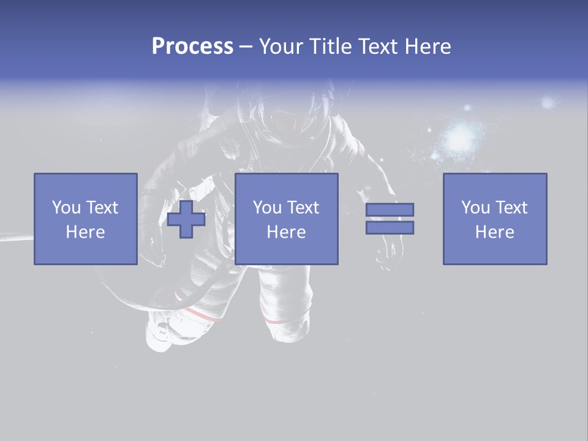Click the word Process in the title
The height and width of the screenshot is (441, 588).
[192, 47]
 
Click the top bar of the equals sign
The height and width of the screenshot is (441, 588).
[390, 210]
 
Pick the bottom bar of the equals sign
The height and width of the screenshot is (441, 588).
[390, 227]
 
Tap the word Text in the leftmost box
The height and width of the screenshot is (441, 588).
[102, 208]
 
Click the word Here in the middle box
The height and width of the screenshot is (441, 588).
[287, 232]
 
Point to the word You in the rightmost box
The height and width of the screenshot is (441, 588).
[475, 208]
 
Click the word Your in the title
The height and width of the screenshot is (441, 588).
[279, 47]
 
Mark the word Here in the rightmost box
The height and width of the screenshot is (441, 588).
[495, 232]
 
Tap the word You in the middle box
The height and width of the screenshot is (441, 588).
[268, 208]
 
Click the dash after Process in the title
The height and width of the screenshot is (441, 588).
[246, 47]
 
